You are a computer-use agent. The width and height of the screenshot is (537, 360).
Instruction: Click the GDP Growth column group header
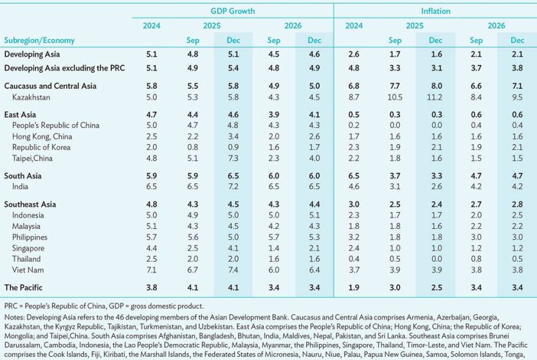[233, 11]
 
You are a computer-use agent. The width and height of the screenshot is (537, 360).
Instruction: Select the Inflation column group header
[436, 11]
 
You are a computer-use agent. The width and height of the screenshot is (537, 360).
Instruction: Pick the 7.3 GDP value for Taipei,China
[233, 158]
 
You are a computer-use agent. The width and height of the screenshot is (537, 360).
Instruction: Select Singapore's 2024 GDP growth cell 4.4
[152, 248]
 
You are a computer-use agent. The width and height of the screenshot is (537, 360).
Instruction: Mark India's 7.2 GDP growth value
[233, 186]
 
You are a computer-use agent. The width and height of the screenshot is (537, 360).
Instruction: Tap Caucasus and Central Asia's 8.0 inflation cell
[437, 85]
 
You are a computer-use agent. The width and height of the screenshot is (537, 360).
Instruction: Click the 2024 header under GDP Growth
[152, 26]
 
